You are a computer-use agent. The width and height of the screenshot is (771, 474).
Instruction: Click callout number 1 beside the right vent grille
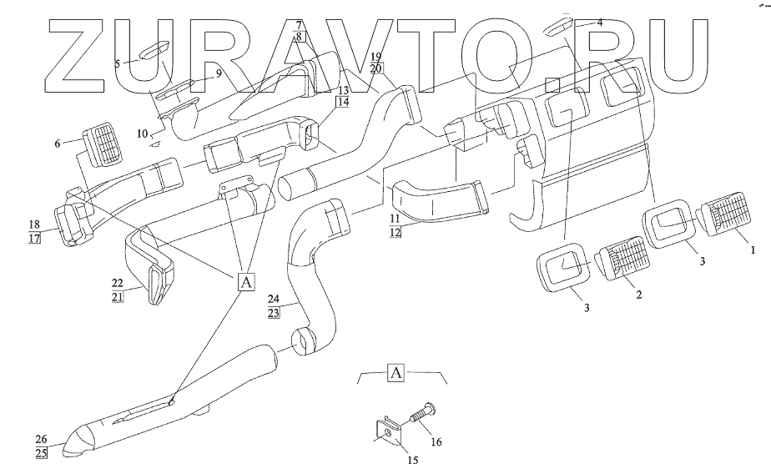[x=752, y=249]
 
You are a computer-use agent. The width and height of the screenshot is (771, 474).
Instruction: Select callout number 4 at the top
[x=600, y=23]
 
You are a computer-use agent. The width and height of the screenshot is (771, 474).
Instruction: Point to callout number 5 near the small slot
[x=118, y=63]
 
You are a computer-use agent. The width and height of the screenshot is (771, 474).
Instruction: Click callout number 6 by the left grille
[x=58, y=144]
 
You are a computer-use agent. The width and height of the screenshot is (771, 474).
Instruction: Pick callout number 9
[x=218, y=73]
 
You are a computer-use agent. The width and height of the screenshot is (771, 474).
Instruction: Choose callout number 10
[x=142, y=134]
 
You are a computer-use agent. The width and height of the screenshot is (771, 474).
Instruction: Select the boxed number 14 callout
[x=342, y=102]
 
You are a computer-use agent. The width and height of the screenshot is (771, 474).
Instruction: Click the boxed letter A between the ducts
[x=246, y=283]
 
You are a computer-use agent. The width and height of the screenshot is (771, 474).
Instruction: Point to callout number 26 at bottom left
[x=41, y=440]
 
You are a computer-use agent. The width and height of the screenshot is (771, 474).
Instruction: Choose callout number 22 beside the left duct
[x=117, y=284]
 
